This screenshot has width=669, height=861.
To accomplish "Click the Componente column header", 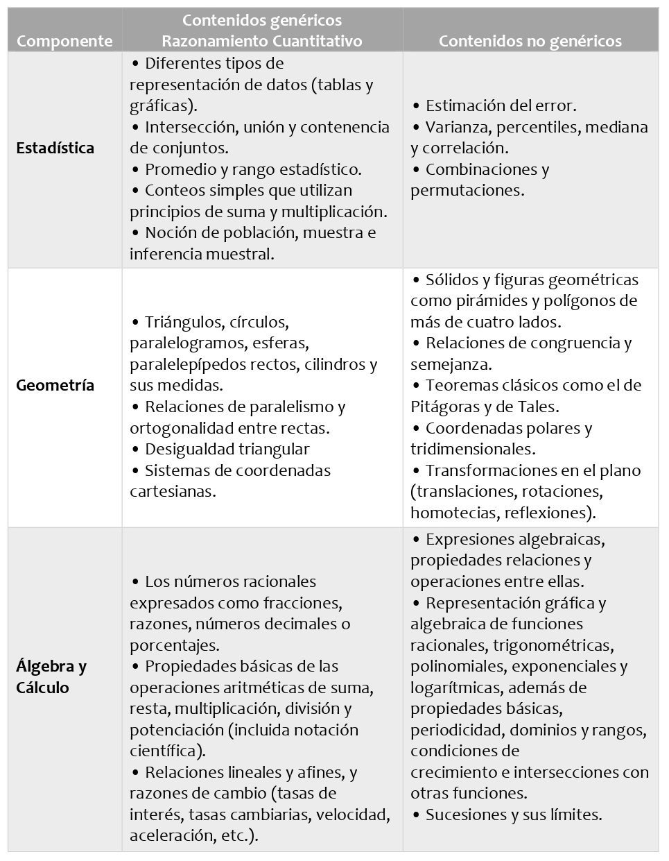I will point(64,41).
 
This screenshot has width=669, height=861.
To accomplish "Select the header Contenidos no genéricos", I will point(530,41).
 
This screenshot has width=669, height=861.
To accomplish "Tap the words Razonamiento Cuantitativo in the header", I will point(262,41).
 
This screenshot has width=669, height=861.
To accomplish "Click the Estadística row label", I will point(55,148).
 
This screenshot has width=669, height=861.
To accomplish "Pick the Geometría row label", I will point(55,385).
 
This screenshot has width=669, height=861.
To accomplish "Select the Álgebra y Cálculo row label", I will point(51,676).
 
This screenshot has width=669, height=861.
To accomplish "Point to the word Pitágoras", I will point(444,407).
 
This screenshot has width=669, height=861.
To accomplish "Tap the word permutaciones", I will point(467,190).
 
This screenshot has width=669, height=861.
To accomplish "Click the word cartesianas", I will point(172,491).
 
